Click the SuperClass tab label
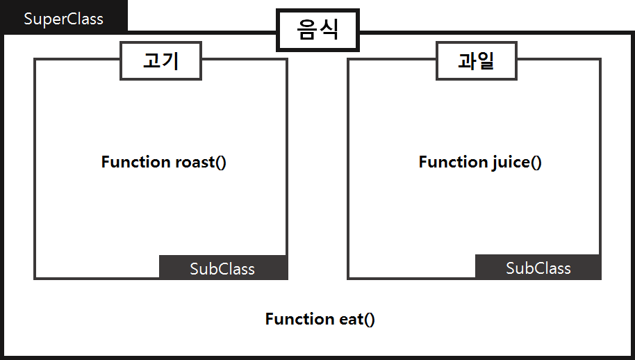(x=63, y=19)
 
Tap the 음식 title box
(x=318, y=30)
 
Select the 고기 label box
(x=161, y=61)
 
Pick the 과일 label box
(x=477, y=61)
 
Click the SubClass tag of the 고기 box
(x=222, y=268)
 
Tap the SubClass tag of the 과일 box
(x=538, y=268)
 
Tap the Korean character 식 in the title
(x=329, y=30)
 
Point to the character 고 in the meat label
(x=151, y=61)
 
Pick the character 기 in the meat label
(x=171, y=61)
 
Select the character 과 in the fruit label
(x=467, y=61)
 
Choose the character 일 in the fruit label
(x=486, y=61)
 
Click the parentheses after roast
(x=220, y=163)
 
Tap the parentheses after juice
(x=536, y=163)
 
